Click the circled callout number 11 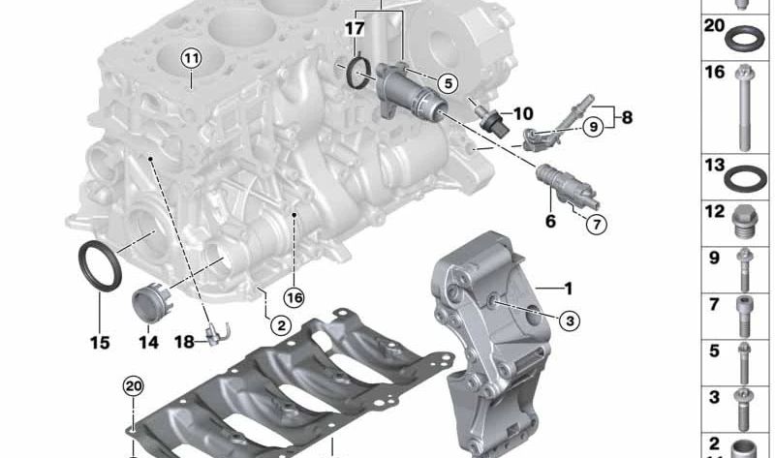(x=191, y=59)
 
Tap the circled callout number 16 (x=294, y=297)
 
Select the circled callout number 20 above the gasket (x=133, y=386)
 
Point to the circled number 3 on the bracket (x=570, y=321)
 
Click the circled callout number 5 (x=448, y=83)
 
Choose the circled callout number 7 (x=597, y=225)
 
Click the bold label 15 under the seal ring (x=100, y=342)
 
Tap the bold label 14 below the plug (x=148, y=342)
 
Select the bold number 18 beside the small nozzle (x=184, y=342)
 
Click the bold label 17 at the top (x=355, y=28)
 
